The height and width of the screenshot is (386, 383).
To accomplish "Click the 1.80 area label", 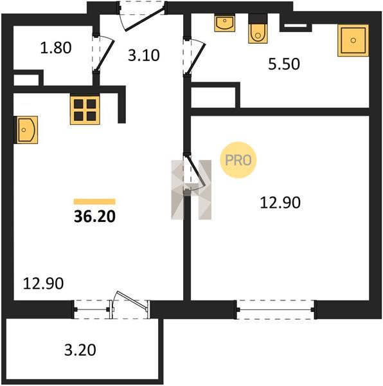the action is (56, 48).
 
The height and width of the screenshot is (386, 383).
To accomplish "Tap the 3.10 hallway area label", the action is (144, 55).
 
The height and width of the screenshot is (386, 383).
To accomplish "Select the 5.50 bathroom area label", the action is (284, 64).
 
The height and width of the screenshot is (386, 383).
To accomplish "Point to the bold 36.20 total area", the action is (94, 217).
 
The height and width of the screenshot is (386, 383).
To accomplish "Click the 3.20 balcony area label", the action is (80, 350).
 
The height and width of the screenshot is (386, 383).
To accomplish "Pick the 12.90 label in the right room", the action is (280, 203).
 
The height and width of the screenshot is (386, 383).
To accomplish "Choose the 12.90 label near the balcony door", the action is (43, 283).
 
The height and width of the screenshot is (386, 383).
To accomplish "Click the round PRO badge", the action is (238, 160).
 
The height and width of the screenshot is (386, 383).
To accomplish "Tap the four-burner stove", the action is (85, 110).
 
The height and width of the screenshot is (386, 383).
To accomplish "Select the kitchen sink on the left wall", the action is (27, 130).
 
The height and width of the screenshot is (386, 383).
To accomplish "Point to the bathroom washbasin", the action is (225, 23).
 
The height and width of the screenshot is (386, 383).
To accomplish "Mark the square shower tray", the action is (353, 41).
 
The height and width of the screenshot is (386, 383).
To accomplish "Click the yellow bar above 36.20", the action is (94, 201).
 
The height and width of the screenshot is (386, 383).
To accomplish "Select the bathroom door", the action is (196, 57).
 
